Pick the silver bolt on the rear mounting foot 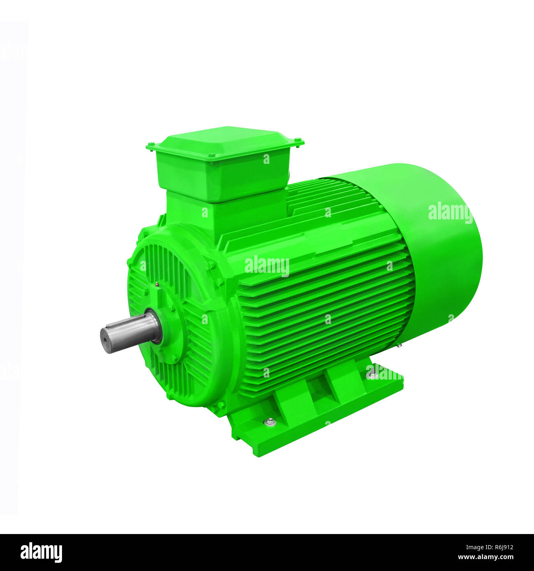[x=371, y=374]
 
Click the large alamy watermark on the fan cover [x=450, y=212]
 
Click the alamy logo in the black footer [x=41, y=552]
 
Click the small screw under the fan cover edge [x=399, y=345]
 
